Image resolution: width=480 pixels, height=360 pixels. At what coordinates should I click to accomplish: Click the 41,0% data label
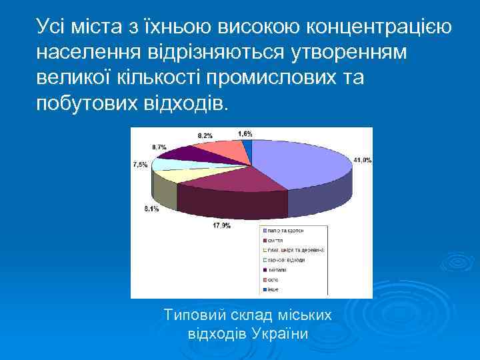point(362,160)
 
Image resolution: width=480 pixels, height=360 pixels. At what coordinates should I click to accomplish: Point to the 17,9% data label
point(221,226)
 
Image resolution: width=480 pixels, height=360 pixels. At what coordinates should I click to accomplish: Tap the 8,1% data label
point(151,209)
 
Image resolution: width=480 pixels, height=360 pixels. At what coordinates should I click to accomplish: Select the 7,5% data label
point(141,164)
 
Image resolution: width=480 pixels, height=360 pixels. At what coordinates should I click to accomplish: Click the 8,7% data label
point(160,146)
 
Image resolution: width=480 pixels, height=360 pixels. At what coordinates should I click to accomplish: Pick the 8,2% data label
point(205,135)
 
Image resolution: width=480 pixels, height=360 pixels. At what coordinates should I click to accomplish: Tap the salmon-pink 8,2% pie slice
point(223,150)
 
